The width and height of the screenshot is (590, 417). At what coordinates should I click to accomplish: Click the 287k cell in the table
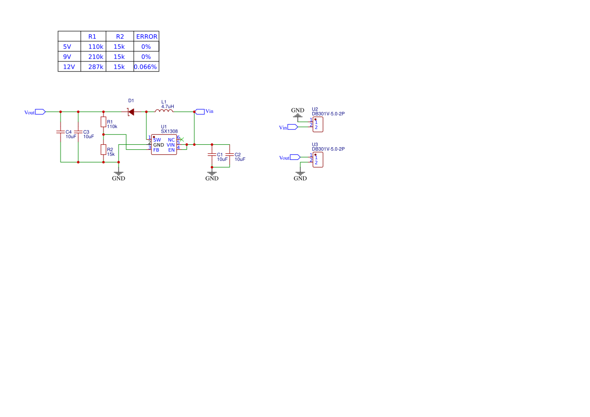tap(95, 67)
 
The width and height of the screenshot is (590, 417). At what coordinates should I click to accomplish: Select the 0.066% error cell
tap(146, 67)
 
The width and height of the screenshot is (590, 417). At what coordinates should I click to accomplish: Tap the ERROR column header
tap(147, 36)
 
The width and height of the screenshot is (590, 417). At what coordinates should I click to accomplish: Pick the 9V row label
tap(67, 57)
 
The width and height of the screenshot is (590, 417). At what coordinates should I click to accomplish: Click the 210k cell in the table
tap(95, 57)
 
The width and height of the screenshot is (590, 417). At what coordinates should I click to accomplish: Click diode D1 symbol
tap(131, 111)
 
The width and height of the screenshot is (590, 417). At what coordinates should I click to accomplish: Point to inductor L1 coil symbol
tap(164, 110)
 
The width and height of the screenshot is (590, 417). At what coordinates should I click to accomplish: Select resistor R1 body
tap(103, 122)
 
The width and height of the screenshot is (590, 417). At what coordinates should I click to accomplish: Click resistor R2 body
tap(103, 150)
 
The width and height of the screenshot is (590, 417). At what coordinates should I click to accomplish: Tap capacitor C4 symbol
tap(61, 132)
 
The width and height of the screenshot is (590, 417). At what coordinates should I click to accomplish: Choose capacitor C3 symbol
tap(78, 132)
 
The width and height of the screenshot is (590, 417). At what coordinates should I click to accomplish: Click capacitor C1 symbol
tap(212, 154)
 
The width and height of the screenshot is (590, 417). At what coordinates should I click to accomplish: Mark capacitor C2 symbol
tap(230, 154)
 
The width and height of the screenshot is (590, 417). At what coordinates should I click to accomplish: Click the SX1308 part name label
tap(169, 132)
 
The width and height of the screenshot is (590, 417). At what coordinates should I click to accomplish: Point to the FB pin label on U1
tap(156, 150)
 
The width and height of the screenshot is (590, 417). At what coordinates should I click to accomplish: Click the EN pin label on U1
tap(172, 150)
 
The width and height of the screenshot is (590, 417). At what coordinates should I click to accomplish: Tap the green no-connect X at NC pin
tap(182, 140)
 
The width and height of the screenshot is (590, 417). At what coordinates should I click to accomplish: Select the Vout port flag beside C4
tap(40, 111)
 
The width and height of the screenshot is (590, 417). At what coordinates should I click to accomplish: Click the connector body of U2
tap(318, 125)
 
